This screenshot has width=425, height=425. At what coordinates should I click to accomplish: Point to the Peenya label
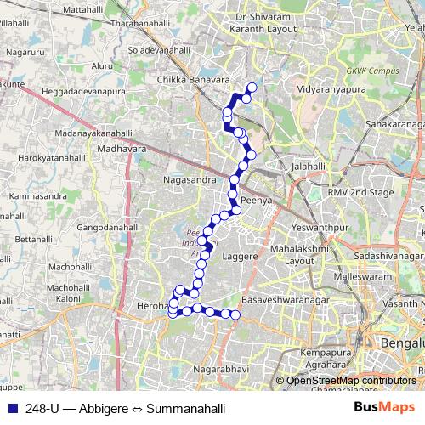[x=256, y=201]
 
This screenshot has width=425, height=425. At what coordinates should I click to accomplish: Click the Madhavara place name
[x=116, y=148]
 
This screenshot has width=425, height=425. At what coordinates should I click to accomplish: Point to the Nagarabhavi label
[x=220, y=371]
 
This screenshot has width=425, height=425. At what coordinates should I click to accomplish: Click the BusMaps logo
[x=388, y=408]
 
